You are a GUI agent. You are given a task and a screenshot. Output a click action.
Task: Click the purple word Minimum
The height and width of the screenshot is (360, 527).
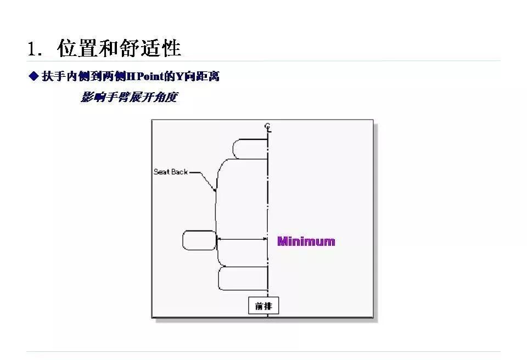coord(306,241)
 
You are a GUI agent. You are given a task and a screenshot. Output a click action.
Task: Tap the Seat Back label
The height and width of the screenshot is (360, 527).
coord(170,172)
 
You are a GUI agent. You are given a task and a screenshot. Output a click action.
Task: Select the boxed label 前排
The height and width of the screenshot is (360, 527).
coord(263,306)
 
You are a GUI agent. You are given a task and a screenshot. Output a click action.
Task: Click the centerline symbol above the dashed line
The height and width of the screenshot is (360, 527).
coord(267,127)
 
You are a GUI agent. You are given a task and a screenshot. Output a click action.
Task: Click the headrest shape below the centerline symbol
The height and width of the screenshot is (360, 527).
coord(250,149)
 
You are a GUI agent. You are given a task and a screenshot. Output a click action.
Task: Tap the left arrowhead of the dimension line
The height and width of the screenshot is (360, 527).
coord(219,239)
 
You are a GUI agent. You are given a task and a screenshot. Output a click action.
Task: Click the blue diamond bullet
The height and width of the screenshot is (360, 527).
coord(33,76)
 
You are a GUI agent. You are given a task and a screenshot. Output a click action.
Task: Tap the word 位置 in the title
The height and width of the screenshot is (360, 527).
coord(77,49)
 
